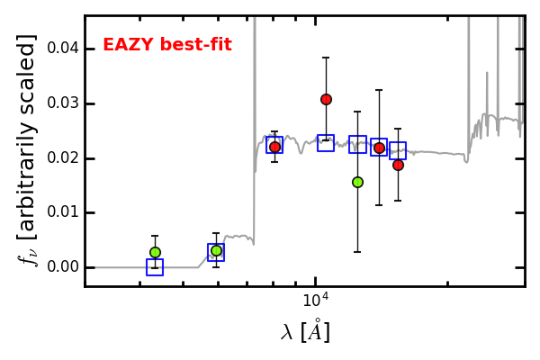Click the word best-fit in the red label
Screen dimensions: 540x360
tap(195, 44)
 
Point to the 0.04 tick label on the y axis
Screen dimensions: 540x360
tap(63, 49)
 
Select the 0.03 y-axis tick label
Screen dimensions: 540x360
tap(63, 103)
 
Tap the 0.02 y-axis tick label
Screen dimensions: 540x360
tap(63, 157)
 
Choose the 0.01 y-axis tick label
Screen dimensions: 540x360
tap(63, 211)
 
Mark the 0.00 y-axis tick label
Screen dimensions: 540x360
tap(63, 266)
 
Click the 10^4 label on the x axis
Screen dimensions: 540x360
tap(316, 300)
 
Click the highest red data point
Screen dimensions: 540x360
tap(326, 100)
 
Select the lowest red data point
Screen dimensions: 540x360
tap(398, 165)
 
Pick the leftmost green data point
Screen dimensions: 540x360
tap(156, 253)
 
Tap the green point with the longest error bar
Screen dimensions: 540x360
tap(358, 182)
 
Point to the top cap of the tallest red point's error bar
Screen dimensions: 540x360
tap(326, 58)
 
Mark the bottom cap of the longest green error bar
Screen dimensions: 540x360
tap(357, 252)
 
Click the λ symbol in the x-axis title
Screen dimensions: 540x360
tap(286, 332)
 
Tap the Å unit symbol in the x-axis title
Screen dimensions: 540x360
tap(315, 330)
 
